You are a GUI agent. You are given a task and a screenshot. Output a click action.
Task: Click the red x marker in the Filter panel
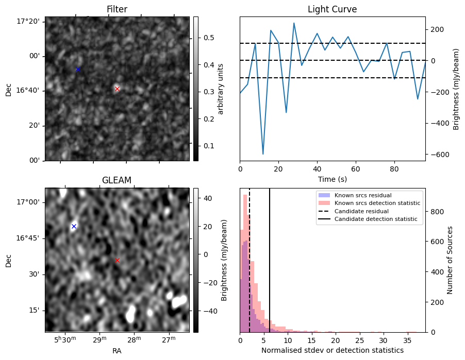click(117, 89)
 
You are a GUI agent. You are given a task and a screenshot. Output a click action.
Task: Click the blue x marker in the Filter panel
click(78, 69)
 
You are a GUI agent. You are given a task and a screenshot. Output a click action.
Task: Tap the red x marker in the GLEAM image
click(118, 261)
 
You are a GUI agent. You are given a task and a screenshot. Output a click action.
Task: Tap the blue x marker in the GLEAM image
click(74, 226)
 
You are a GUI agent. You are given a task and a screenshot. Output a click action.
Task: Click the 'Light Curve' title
click(332, 9)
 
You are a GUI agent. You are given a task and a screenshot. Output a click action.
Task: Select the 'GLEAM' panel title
click(117, 180)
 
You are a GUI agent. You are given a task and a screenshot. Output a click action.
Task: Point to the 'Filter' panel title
click(117, 9)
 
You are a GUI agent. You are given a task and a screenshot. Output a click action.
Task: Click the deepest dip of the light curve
click(263, 154)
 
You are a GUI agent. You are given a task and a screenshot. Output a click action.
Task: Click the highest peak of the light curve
click(294, 23)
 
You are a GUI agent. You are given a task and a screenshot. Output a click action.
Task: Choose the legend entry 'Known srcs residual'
click(363, 195)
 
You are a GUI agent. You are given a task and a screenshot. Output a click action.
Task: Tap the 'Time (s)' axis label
click(332, 179)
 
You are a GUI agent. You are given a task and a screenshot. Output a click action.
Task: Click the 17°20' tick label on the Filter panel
click(29, 21)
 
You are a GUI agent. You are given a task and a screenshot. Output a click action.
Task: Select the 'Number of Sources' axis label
click(450, 260)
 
